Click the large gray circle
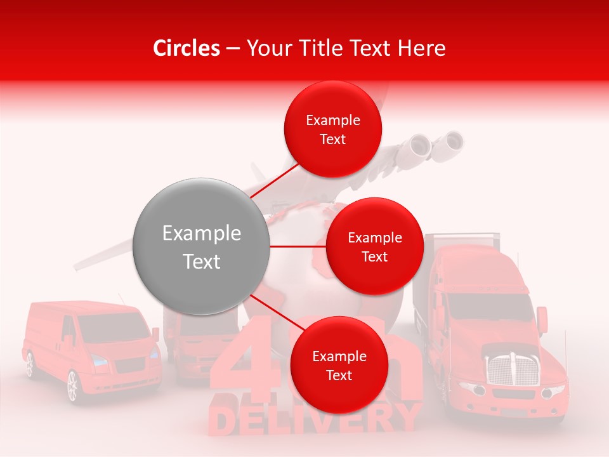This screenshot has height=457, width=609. tap(201, 246)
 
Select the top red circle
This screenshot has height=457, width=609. tap(332, 129)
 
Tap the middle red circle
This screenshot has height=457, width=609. tap(374, 247)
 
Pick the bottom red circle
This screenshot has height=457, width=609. tap(339, 366)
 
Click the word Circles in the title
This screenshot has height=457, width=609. tap(187, 48)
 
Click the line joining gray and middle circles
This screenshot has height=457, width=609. tap(298, 246)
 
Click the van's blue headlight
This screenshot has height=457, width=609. tap(100, 361)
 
